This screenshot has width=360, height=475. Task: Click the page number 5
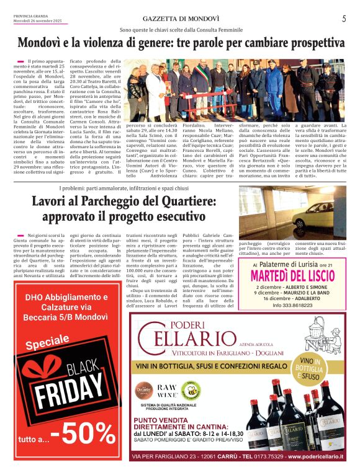tap(343, 19)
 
